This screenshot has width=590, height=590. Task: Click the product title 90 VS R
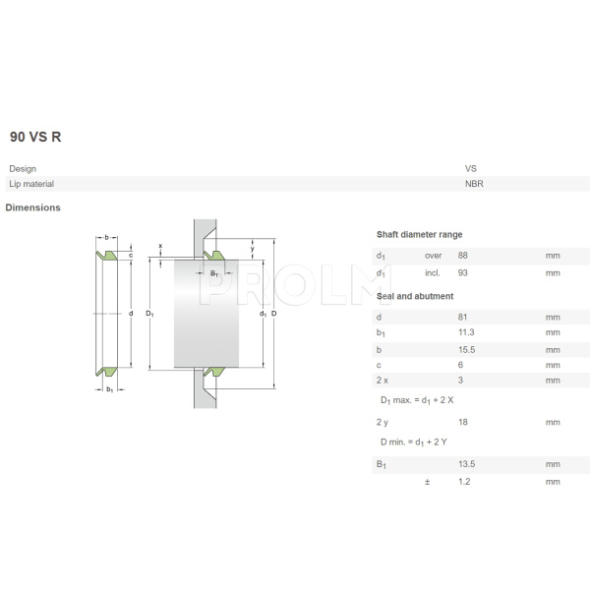click(x=35, y=137)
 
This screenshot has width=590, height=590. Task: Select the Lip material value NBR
click(x=473, y=184)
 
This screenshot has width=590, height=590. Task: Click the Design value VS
click(x=470, y=168)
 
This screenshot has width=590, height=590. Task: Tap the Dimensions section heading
click(x=32, y=207)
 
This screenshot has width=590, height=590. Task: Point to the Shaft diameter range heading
click(x=419, y=234)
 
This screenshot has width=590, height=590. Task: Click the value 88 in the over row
click(x=464, y=256)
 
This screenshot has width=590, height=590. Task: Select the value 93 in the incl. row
click(x=464, y=271)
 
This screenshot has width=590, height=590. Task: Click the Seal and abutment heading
click(x=414, y=296)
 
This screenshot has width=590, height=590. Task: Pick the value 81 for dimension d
click(x=463, y=318)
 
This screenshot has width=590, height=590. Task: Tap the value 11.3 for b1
click(x=467, y=333)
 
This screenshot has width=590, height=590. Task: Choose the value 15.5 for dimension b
click(x=467, y=349)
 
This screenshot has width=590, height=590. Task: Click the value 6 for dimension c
click(x=461, y=365)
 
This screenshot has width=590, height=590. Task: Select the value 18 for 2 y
click(x=463, y=422)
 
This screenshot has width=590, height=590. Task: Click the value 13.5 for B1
click(x=467, y=464)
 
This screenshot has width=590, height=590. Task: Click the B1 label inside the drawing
click(x=213, y=273)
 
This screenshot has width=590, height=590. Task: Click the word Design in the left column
click(x=23, y=168)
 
